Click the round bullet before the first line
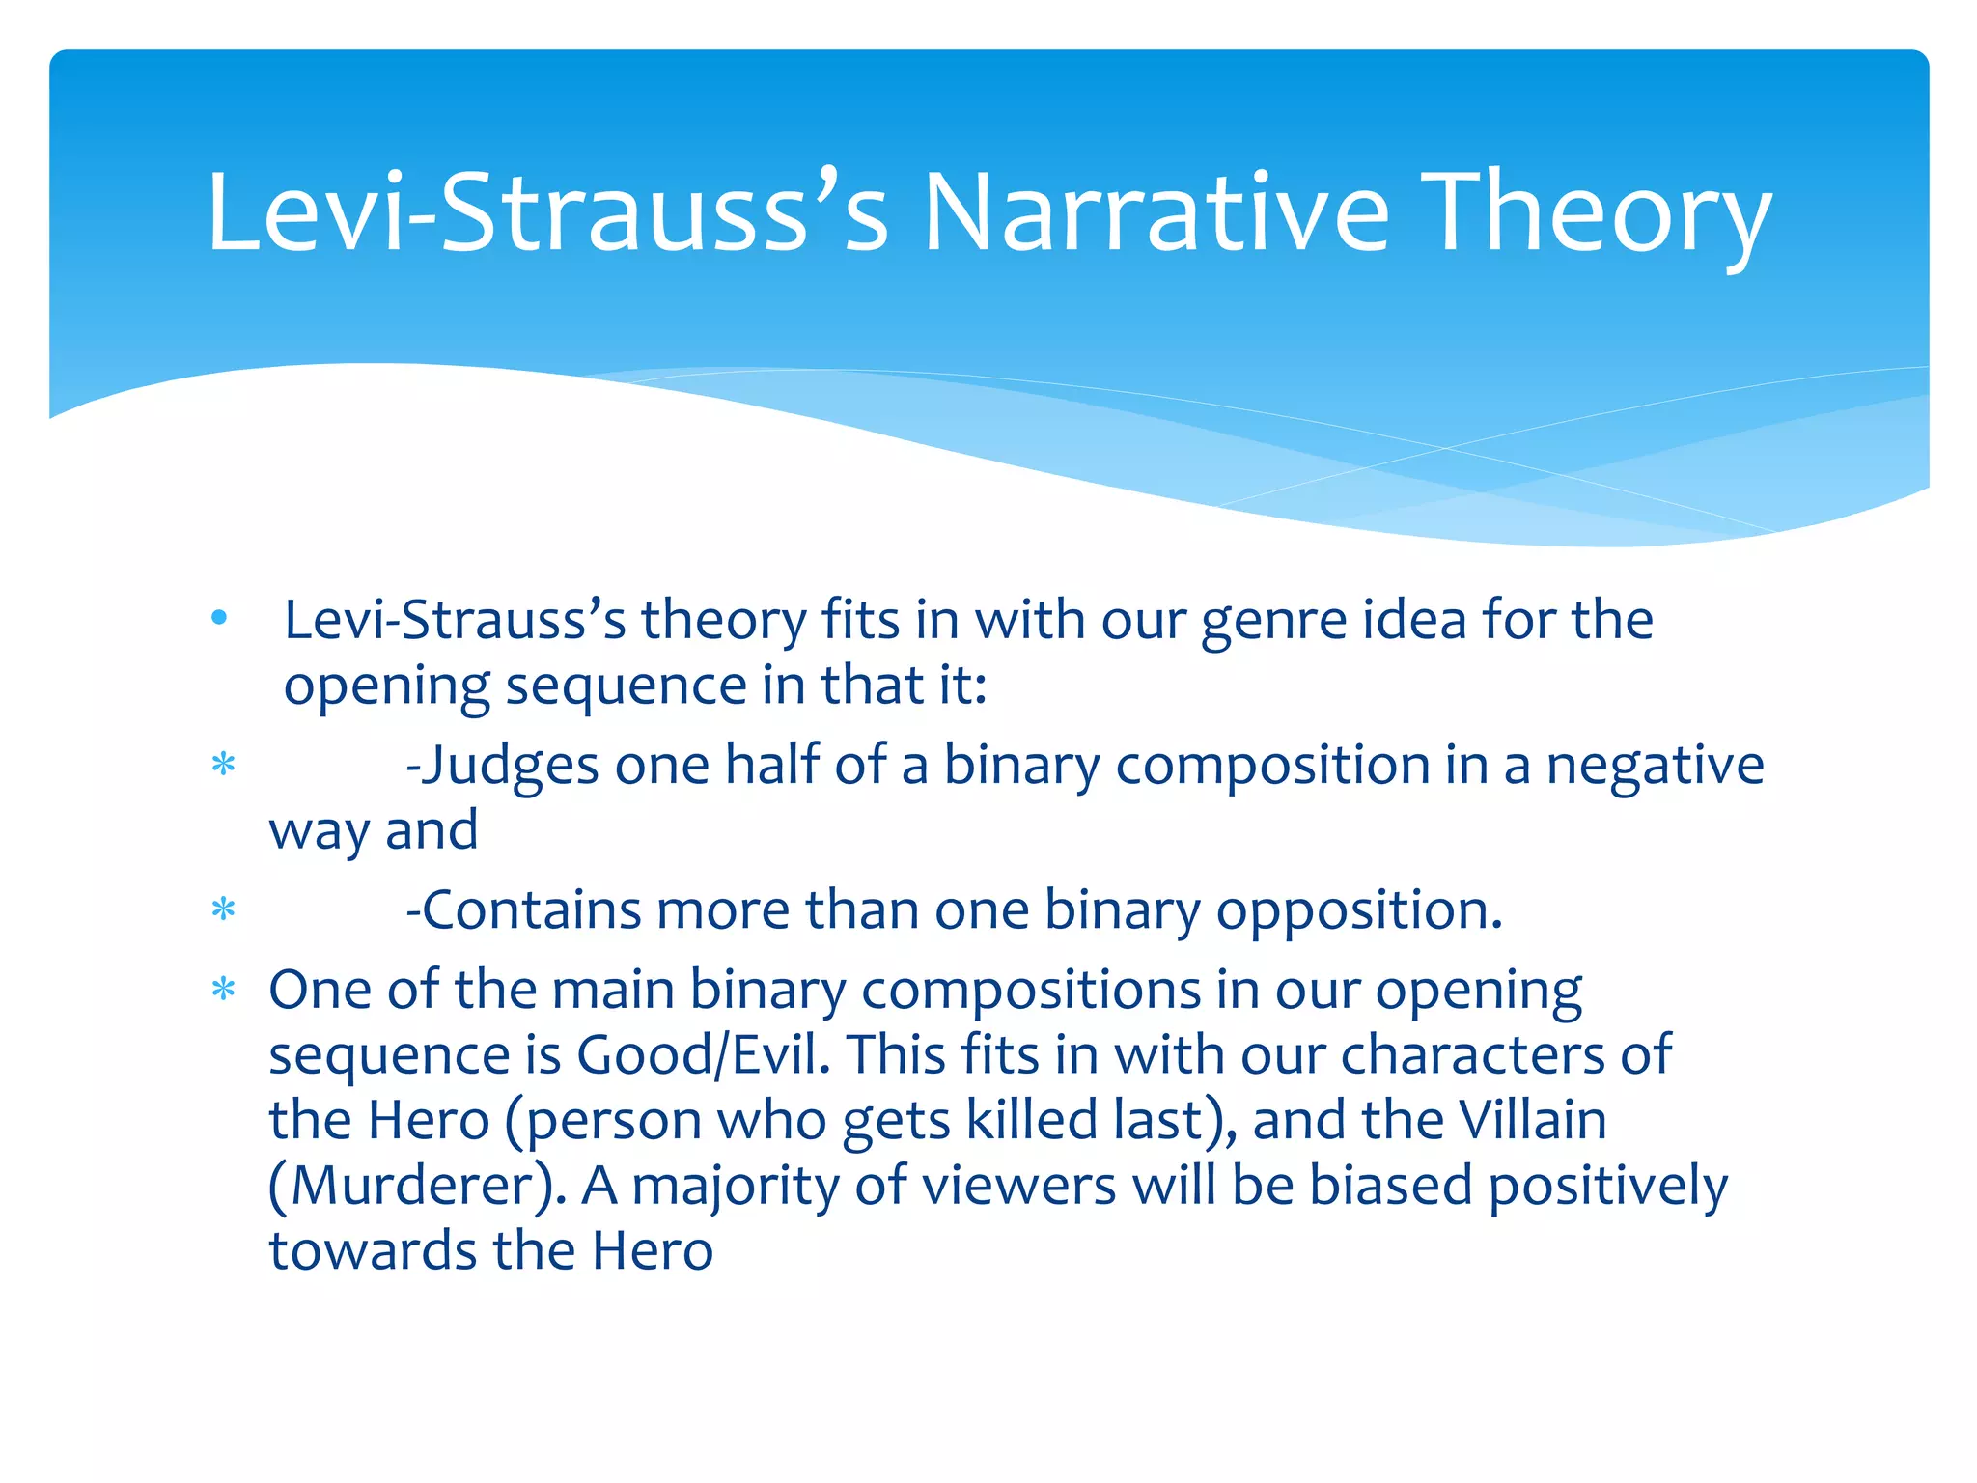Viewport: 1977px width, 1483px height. pos(219,618)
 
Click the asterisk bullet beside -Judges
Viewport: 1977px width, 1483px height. pos(223,766)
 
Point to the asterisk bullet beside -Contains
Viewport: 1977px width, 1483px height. pos(223,909)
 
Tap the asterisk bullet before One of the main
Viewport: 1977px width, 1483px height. pos(223,990)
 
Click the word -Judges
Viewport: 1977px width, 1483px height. pos(502,766)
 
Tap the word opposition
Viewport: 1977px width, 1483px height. pos(1359,910)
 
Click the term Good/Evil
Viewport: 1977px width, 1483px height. pos(703,1054)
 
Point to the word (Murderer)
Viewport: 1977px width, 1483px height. pos(417,1186)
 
